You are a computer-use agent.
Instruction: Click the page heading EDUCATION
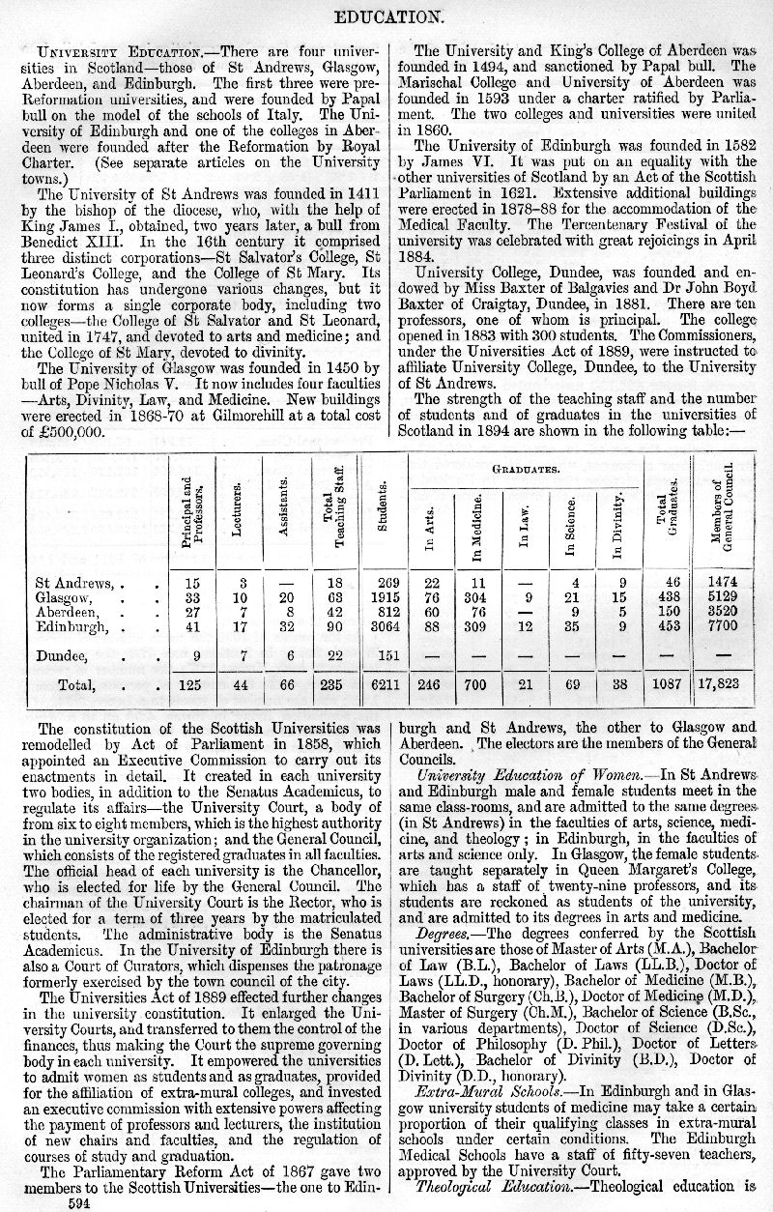click(x=386, y=15)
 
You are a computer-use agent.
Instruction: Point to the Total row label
click(x=76, y=685)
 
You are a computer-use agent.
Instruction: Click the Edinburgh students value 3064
click(x=382, y=626)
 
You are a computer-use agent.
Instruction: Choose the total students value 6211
click(x=382, y=685)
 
